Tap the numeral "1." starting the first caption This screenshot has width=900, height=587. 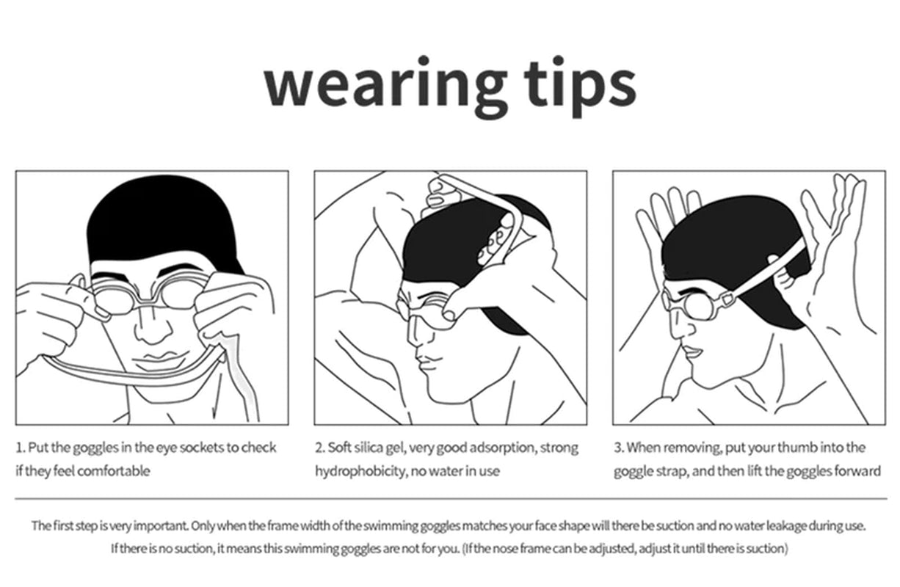pos(21,448)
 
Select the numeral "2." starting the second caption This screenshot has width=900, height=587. pos(321,448)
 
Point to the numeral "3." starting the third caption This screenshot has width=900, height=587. pos(620,448)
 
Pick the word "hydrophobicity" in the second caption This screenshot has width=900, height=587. pos(358,471)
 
